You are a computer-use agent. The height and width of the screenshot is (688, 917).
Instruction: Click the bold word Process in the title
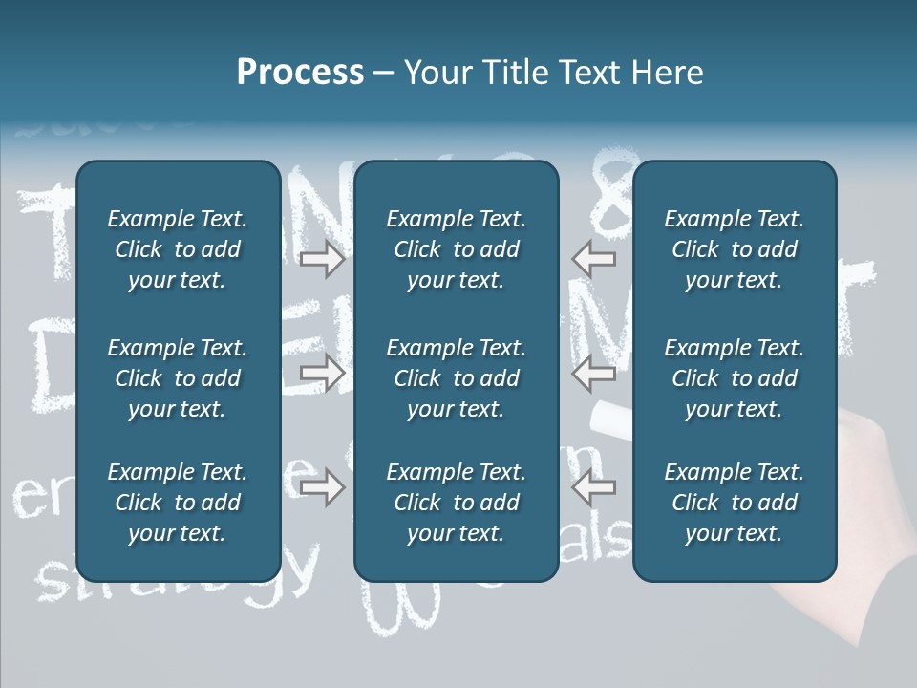click(300, 73)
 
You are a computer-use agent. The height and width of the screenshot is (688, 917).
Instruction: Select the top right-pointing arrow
click(322, 258)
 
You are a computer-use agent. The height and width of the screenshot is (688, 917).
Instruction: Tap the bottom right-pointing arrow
click(322, 488)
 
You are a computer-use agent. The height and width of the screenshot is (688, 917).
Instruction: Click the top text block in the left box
click(178, 249)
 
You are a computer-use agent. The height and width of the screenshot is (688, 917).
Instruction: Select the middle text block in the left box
click(178, 378)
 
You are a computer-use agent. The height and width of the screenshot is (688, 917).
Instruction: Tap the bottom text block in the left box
click(178, 503)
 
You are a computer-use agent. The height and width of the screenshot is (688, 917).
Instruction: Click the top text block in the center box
click(456, 249)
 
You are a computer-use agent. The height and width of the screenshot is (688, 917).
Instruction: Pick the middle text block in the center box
click(456, 378)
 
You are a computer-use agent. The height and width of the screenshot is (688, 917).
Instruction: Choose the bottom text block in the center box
click(456, 503)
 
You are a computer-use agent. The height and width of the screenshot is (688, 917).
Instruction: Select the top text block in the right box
click(734, 249)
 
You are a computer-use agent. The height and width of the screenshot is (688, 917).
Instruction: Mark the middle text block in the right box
click(734, 378)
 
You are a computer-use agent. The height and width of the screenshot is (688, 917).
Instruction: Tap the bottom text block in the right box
click(734, 503)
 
